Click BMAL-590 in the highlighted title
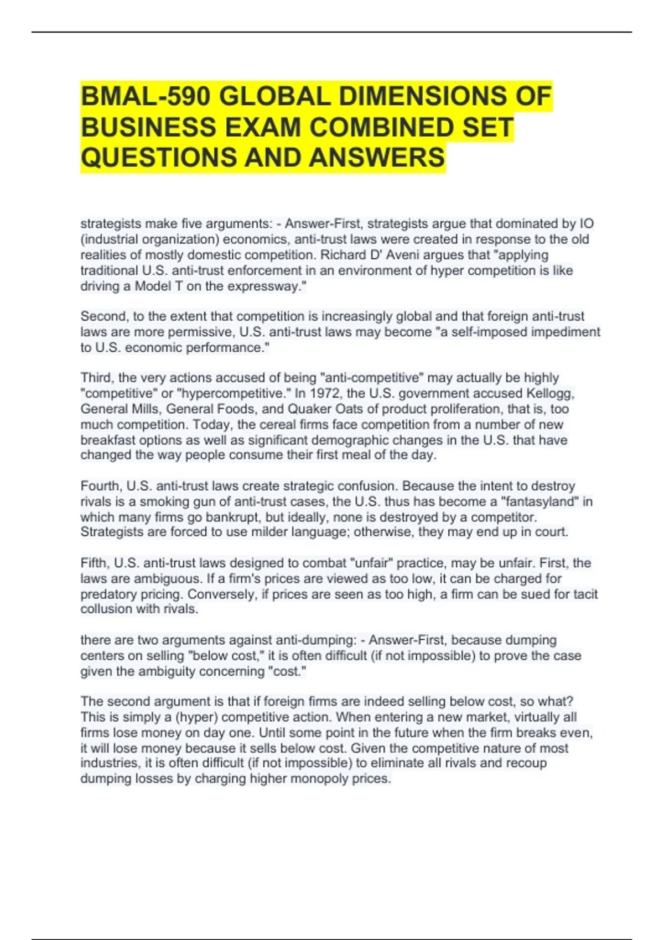(x=146, y=97)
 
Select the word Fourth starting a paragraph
(x=101, y=486)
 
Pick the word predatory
(x=107, y=594)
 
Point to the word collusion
(x=106, y=609)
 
